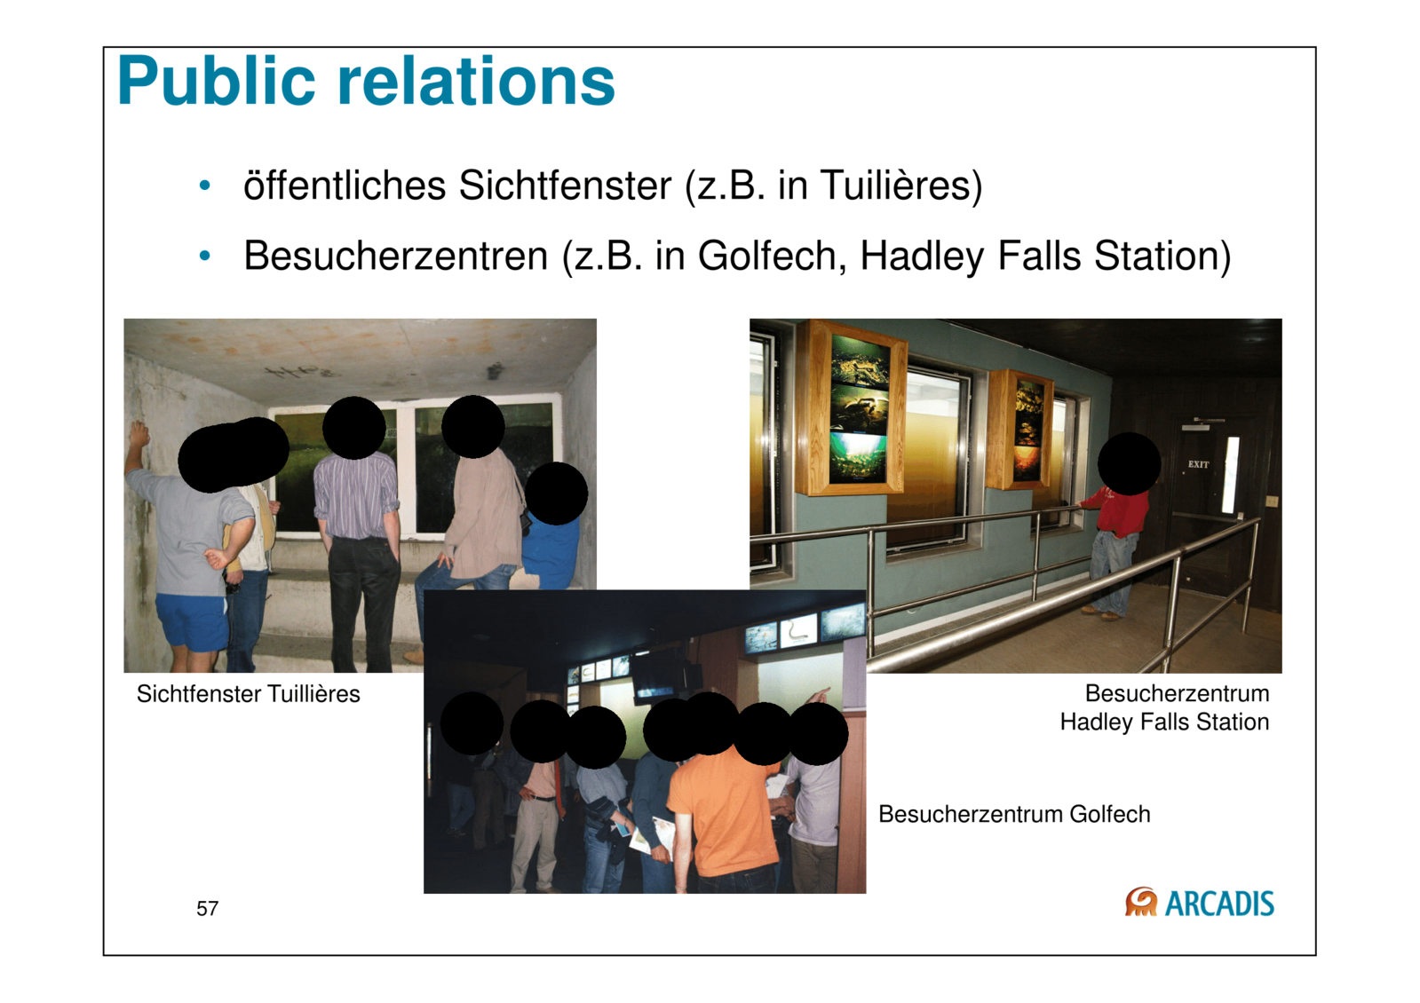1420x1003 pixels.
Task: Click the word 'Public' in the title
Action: (x=216, y=82)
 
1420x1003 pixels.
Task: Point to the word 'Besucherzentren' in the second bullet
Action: (x=395, y=256)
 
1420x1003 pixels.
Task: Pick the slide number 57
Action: (x=207, y=909)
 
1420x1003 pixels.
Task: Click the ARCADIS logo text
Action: (x=1219, y=904)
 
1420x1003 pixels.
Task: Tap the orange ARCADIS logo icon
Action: (x=1141, y=902)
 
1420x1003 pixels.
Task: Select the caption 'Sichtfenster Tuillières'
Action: (x=249, y=694)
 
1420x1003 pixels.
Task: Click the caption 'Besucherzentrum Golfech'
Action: (x=1014, y=814)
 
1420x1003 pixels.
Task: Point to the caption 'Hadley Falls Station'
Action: (x=1164, y=723)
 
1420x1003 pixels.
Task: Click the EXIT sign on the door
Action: (x=1198, y=464)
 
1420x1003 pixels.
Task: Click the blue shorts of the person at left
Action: (x=191, y=622)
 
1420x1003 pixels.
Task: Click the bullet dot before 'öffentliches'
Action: (x=204, y=186)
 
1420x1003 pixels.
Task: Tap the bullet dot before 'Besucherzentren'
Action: (x=204, y=256)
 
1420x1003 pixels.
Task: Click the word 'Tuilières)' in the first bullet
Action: (x=901, y=186)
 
